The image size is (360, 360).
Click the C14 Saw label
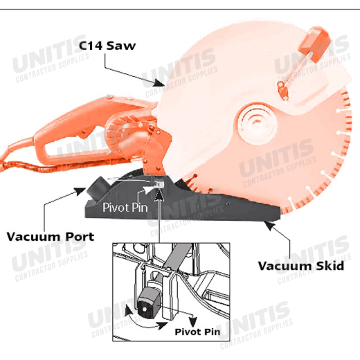click(x=107, y=46)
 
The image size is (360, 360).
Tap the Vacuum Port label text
click(x=51, y=237)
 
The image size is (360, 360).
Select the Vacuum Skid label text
click(x=301, y=266)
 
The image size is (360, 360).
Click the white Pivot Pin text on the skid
click(x=125, y=207)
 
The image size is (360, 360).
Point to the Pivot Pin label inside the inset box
click(x=197, y=332)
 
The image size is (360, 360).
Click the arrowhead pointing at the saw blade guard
click(x=159, y=83)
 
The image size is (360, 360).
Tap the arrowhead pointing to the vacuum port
click(x=80, y=191)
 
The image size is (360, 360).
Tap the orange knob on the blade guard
click(x=314, y=44)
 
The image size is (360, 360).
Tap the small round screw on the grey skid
click(x=228, y=204)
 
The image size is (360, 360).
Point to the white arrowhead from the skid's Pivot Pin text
click(x=150, y=188)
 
